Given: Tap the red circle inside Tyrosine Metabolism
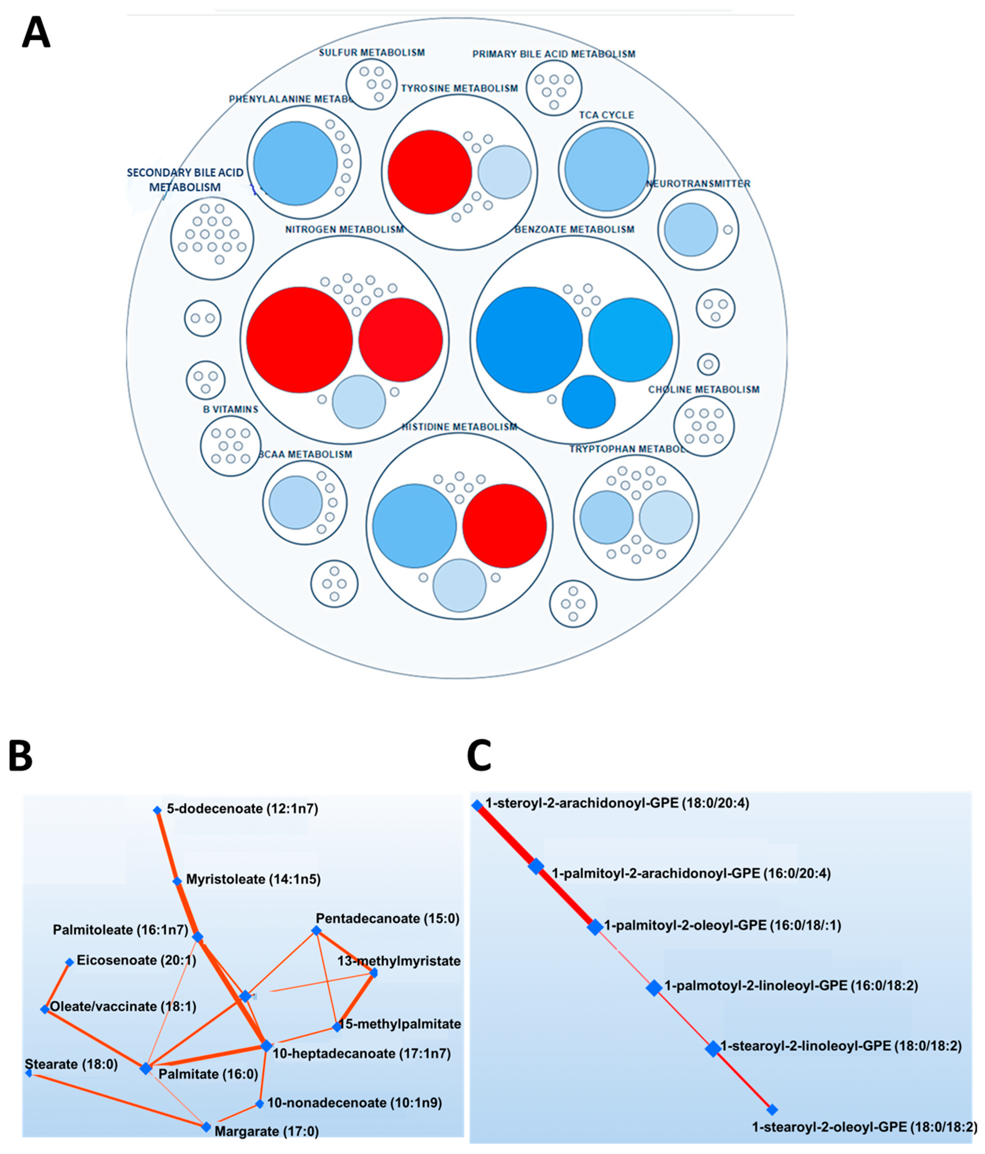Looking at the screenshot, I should coord(429,172).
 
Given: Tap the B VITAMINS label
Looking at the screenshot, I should coord(231,409).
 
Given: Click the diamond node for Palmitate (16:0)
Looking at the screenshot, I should coord(145,1068).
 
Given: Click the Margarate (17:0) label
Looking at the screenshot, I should coord(266,1131).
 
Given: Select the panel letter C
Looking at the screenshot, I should coord(479,756).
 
